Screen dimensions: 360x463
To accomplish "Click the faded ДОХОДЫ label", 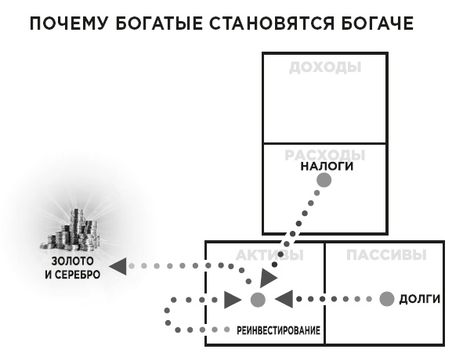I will click(325, 67).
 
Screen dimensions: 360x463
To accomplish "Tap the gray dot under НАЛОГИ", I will click(324, 181).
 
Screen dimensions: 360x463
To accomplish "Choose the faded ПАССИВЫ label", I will click(386, 255).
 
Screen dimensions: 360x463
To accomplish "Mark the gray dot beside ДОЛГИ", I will click(386, 299).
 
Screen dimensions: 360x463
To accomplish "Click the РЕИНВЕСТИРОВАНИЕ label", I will click(278, 330).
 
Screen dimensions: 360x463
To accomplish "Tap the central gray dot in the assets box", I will click(258, 299).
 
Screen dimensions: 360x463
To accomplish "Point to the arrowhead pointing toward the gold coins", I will click(117, 266).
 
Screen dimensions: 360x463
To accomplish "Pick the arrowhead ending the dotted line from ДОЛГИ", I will click(284, 298).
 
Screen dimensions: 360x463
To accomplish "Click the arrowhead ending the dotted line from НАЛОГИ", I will click(268, 279).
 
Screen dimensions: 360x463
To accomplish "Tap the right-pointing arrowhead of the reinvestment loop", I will click(232, 299).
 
